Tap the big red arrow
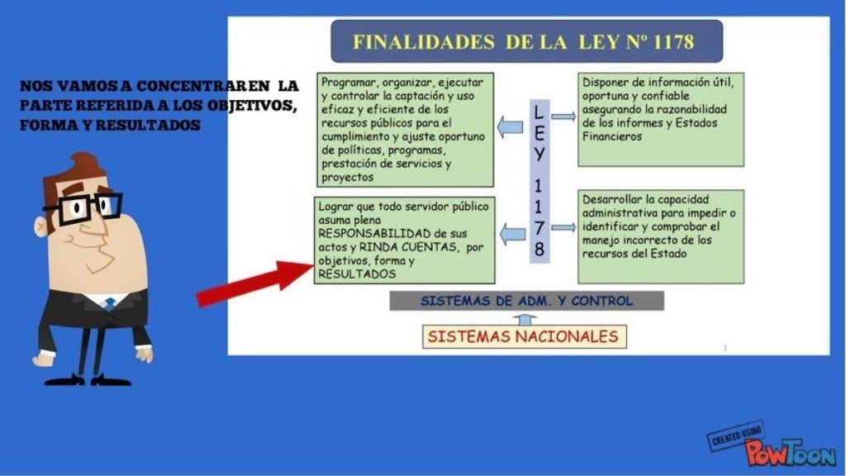(x=253, y=281)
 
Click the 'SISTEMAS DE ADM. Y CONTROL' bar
(x=526, y=301)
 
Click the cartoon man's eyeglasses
(x=82, y=207)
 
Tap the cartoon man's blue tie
(x=109, y=303)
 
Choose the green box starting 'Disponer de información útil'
(x=660, y=119)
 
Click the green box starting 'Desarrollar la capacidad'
(x=660, y=236)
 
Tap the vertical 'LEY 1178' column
(x=539, y=180)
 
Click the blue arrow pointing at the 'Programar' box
(x=510, y=126)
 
